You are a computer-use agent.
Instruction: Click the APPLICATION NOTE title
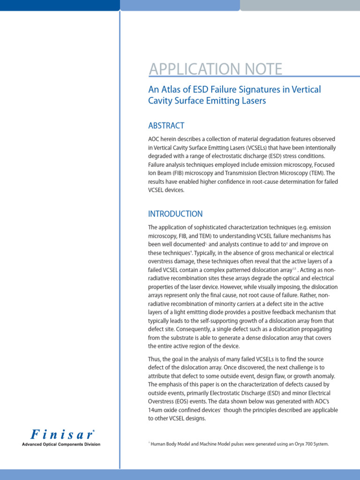click(215, 69)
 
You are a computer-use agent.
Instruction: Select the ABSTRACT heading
click(166, 126)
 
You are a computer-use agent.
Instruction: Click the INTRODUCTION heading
click(175, 214)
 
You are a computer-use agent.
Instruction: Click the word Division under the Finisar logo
click(90, 444)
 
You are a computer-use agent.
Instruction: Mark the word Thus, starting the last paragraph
click(156, 359)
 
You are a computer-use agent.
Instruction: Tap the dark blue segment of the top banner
click(60, 5)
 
